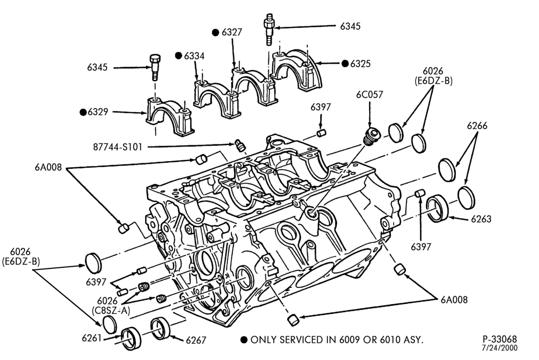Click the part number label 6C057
[x=370, y=95]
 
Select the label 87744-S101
[x=118, y=147]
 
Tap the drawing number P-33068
[x=500, y=340]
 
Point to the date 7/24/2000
[x=501, y=348]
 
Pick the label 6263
[x=481, y=219]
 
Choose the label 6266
[x=477, y=126]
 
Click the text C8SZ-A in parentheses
[x=111, y=310]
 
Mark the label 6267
[x=196, y=341]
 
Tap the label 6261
[x=92, y=338]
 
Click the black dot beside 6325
[x=345, y=63]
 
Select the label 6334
[x=194, y=56]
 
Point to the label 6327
[x=232, y=32]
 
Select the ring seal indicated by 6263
[x=438, y=207]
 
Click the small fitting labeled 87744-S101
[x=240, y=145]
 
